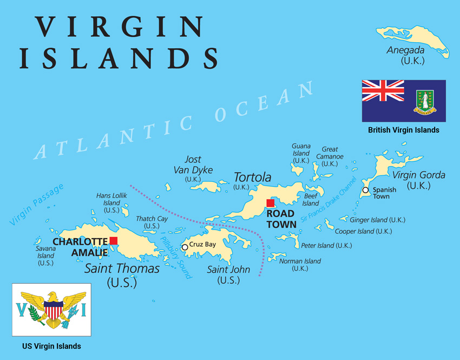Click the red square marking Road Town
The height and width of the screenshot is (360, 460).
point(271,203)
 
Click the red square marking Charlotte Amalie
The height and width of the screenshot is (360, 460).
point(113,240)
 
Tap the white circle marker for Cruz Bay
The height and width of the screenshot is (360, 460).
point(185,247)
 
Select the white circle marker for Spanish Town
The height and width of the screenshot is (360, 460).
point(366,190)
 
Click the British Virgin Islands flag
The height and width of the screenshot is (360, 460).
point(404,101)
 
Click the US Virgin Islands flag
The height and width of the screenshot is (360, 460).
point(52,309)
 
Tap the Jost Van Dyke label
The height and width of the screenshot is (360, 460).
point(193,165)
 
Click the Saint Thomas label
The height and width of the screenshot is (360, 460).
point(122,269)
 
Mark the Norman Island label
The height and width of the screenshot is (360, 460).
point(300,261)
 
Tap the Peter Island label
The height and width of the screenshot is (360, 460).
point(326,246)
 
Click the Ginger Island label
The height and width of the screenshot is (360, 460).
point(378,220)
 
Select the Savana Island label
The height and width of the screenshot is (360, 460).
point(45,256)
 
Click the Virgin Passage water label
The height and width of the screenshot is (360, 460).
point(37,204)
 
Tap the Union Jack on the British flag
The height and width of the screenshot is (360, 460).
point(383,90)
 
